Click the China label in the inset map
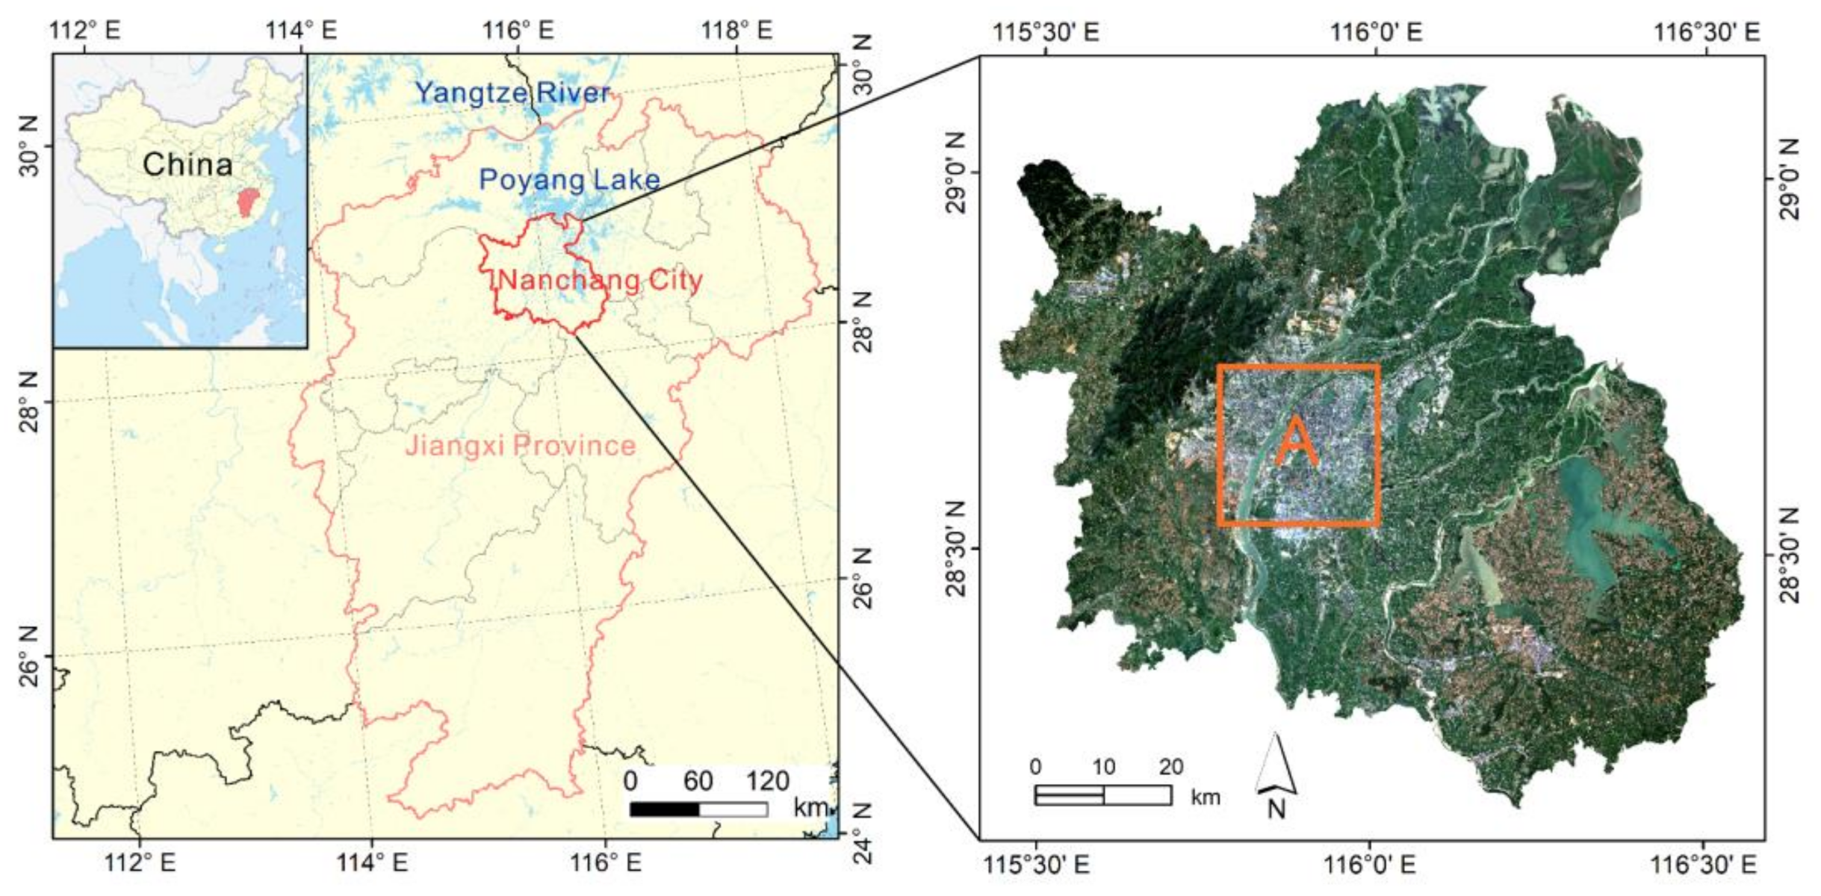tap(187, 164)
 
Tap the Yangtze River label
tap(512, 93)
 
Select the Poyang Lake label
tap(569, 180)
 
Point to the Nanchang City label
tap(600, 280)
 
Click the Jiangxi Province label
tap(520, 446)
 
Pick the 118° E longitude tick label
tap(736, 30)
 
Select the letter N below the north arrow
tap(1276, 809)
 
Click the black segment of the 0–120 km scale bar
tap(665, 809)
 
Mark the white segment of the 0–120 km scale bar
tap(733, 809)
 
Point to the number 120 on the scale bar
tap(767, 781)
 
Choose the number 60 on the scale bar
tap(698, 781)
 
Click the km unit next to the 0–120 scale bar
tap(810, 807)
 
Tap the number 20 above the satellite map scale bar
tap(1171, 767)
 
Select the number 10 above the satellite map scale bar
tap(1103, 767)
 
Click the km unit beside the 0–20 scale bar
tap(1206, 797)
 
